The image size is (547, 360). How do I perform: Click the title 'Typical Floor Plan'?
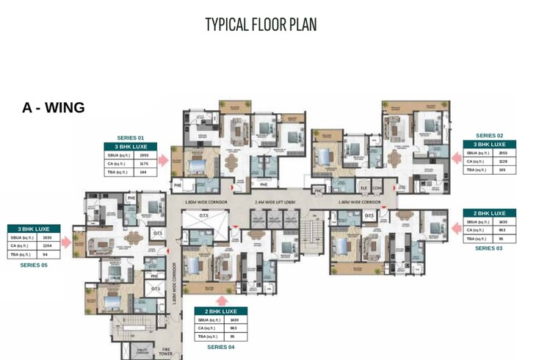[x=261, y=24]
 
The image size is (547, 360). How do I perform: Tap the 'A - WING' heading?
[x=54, y=108]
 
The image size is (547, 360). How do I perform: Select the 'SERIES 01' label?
[x=130, y=137]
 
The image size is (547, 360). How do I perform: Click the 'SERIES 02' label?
[x=489, y=135]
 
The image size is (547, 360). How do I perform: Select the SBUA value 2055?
[x=503, y=153]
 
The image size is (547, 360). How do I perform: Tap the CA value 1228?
[x=503, y=161]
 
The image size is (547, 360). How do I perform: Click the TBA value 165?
[x=503, y=170]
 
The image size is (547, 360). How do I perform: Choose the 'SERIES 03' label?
[x=489, y=248]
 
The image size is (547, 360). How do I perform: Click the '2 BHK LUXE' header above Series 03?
[x=489, y=213]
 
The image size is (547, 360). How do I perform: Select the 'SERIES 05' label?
[x=34, y=264]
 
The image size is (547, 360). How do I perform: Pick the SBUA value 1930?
[x=47, y=238]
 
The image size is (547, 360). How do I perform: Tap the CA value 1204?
[x=47, y=246]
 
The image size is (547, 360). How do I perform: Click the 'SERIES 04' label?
[x=221, y=346]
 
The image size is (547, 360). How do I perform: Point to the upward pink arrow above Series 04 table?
[x=221, y=298]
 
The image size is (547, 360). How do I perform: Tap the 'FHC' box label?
[x=319, y=191]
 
